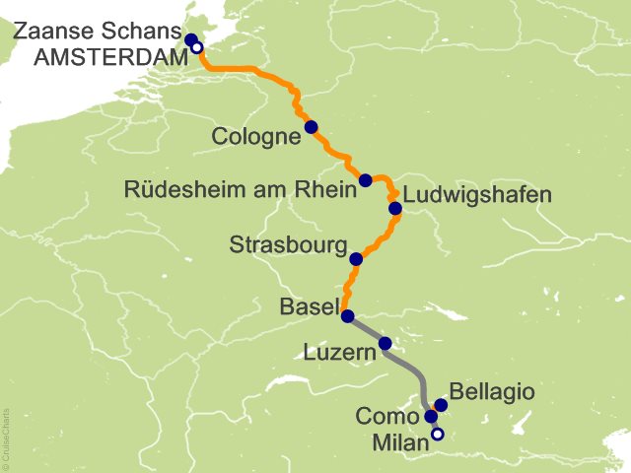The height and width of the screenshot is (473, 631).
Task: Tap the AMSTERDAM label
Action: pyautogui.click(x=110, y=57)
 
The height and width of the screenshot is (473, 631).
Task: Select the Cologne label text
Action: pyautogui.click(x=255, y=137)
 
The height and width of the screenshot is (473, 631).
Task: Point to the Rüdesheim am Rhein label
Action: pyautogui.click(x=240, y=189)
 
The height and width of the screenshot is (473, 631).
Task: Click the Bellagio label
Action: pyautogui.click(x=492, y=392)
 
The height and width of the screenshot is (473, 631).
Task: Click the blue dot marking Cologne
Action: pyautogui.click(x=311, y=127)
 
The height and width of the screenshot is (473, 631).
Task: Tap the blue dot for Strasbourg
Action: pyautogui.click(x=356, y=259)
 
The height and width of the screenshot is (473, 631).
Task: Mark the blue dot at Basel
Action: pyautogui.click(x=347, y=316)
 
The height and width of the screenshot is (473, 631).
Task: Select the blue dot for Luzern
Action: pyautogui.click(x=386, y=344)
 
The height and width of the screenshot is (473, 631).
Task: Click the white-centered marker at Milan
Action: pyautogui.click(x=438, y=434)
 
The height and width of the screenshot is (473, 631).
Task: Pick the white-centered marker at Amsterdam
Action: pyautogui.click(x=197, y=46)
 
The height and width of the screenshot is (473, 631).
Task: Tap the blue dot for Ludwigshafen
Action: pyautogui.click(x=395, y=208)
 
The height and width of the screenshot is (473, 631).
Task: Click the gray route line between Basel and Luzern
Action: pyautogui.click(x=366, y=330)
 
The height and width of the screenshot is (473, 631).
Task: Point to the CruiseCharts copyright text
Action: pyautogui.click(x=6, y=435)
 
